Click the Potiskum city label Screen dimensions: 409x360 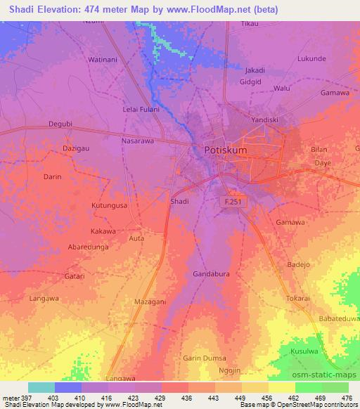[226, 150]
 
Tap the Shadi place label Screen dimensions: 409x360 [179, 201]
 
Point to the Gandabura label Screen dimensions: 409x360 [211, 273]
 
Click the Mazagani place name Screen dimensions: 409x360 [150, 301]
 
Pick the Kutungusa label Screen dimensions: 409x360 [109, 205]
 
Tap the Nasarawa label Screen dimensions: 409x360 [138, 141]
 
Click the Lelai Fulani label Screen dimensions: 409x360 [141, 109]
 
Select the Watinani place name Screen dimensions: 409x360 [102, 60]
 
